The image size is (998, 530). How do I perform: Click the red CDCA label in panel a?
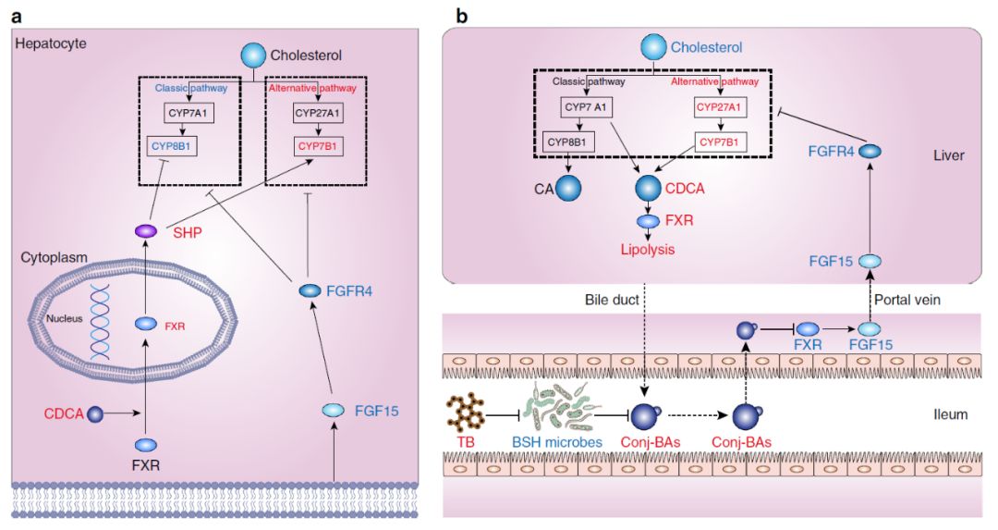click(63, 412)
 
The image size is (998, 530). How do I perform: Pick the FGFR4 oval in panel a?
click(310, 290)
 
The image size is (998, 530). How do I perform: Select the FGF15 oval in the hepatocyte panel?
click(334, 410)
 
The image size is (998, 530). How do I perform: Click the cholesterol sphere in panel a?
click(253, 55)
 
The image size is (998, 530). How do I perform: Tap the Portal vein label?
click(912, 302)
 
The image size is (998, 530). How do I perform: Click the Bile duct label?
click(611, 302)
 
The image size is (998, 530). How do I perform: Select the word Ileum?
click(948, 414)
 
